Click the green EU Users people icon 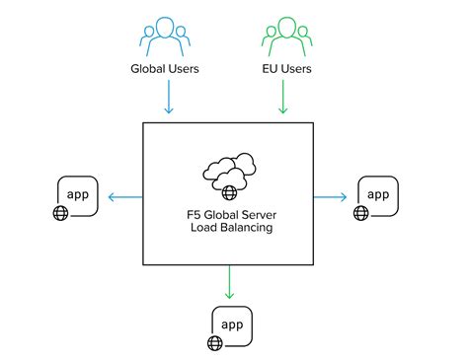tap(284, 36)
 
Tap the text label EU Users tap(284, 69)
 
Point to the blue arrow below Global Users tap(170, 98)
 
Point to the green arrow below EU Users tap(284, 98)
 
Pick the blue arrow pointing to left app tap(122, 197)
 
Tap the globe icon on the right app tap(359, 212)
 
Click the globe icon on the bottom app tap(213, 343)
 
